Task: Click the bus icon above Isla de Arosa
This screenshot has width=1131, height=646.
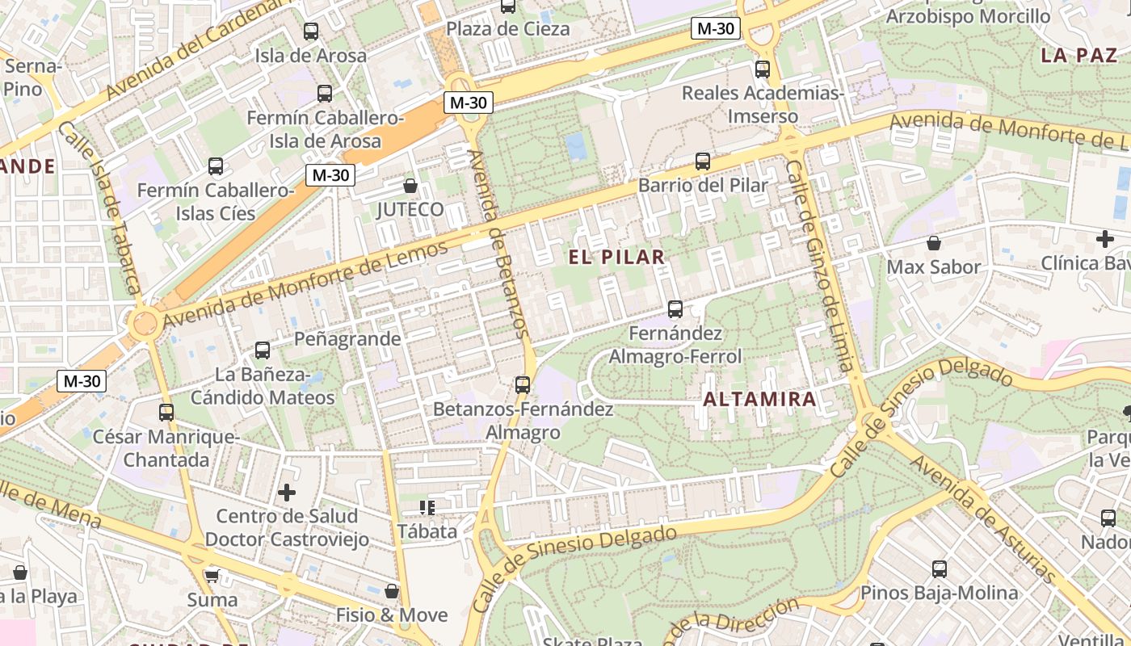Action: click(311, 32)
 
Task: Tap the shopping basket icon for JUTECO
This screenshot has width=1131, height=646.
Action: click(410, 187)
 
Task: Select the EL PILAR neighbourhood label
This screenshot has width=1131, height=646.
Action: click(617, 257)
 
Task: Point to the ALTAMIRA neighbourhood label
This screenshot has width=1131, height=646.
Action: click(759, 399)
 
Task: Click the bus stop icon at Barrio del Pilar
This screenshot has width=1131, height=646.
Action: click(703, 161)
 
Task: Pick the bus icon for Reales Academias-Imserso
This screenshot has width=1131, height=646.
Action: click(763, 69)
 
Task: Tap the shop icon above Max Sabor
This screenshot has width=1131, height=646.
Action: click(934, 243)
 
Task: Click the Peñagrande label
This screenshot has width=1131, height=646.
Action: click(347, 338)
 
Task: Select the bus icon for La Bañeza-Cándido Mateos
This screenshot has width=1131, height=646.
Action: click(263, 350)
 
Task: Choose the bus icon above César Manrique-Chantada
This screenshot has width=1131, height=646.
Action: click(166, 413)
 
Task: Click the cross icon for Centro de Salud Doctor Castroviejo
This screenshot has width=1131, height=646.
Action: click(287, 492)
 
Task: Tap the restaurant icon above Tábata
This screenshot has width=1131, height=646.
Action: click(427, 507)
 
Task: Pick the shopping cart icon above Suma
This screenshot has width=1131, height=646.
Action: click(212, 576)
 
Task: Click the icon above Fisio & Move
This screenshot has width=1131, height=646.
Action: click(392, 591)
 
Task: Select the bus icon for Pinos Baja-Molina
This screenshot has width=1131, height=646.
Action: click(940, 569)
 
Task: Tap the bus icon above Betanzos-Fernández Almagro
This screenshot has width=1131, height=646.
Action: click(523, 385)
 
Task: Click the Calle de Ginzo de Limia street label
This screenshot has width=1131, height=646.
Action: click(819, 266)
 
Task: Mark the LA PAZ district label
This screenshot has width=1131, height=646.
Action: click(1078, 55)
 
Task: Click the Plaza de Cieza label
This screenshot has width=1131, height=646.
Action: click(508, 29)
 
